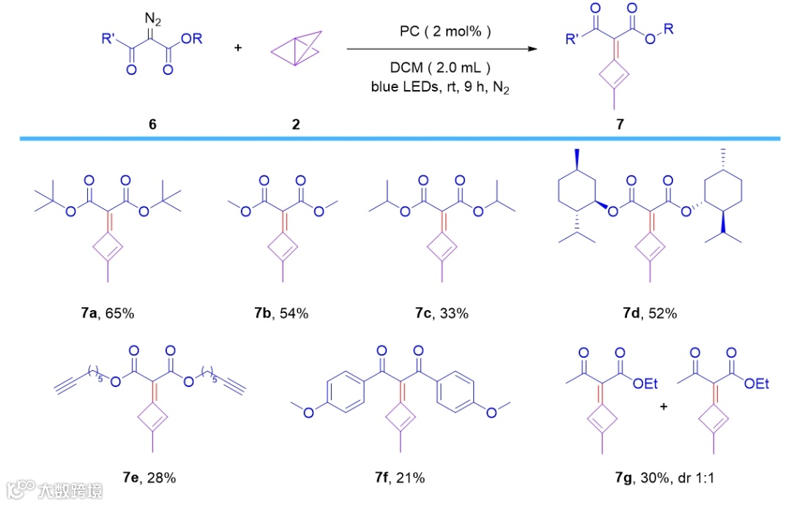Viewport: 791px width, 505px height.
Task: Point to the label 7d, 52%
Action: (645, 314)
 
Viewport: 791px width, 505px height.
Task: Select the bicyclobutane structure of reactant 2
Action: (296, 49)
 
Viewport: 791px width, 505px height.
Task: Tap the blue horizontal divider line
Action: (395, 138)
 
